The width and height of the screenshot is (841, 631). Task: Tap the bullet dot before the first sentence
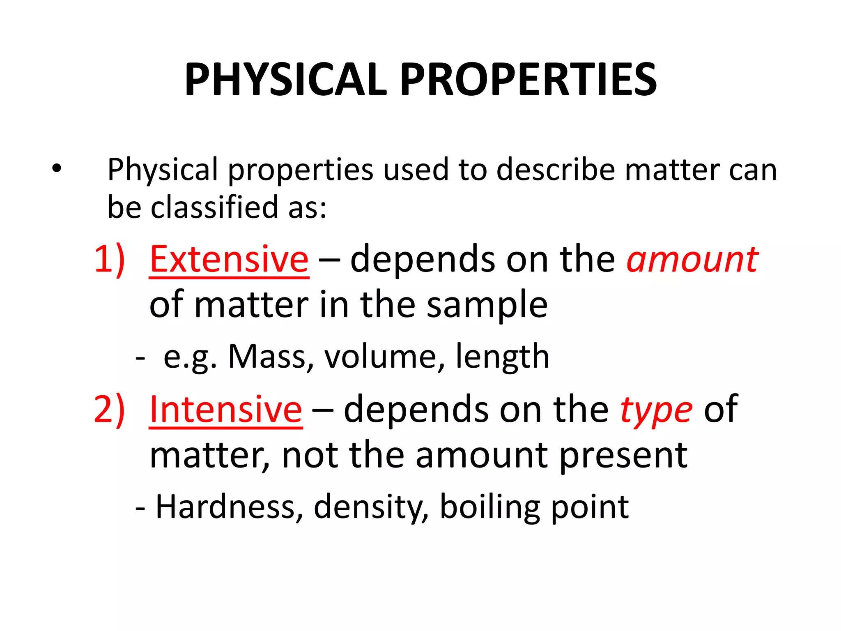57,168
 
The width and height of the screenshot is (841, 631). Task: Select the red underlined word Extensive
229,259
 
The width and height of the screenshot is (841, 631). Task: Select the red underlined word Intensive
226,410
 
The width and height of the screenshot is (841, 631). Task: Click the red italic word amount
692,260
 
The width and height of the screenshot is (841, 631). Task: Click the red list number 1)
109,259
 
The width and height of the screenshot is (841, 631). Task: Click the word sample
487,306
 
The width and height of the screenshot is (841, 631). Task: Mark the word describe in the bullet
555,169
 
